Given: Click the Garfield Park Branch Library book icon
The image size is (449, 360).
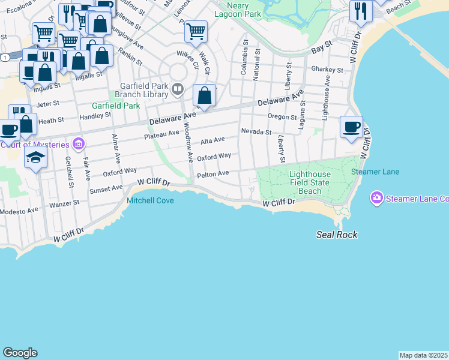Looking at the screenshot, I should click(x=178, y=90).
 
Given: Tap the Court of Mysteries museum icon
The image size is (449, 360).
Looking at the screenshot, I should click(x=78, y=144).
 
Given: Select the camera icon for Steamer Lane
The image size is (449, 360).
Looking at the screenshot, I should click(x=377, y=198).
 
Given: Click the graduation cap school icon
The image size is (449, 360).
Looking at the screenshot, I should click(x=35, y=158).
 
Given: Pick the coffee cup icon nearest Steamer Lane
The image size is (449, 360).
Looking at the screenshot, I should click(x=351, y=127).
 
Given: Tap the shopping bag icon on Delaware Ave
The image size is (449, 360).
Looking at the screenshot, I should click(x=205, y=96).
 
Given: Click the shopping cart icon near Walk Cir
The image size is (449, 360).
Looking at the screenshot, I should click(x=196, y=32).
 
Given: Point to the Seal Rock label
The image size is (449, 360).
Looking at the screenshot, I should click(x=337, y=235).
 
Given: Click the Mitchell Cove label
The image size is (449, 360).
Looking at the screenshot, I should click(x=150, y=200).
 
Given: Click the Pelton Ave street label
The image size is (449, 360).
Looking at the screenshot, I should click(x=213, y=174).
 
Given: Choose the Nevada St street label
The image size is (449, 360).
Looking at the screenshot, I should click(x=256, y=131).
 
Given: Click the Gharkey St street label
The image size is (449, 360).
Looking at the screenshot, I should click(x=327, y=70).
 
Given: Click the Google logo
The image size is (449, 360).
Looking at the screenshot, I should click(x=20, y=353).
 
